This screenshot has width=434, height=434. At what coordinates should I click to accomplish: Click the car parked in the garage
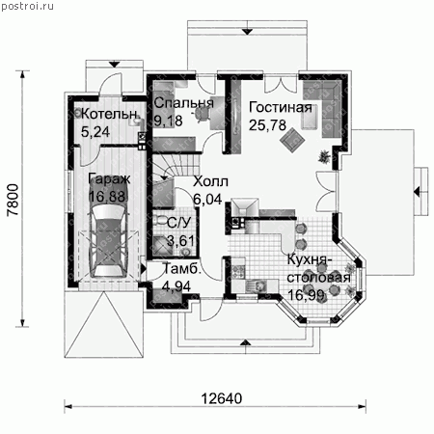click(109, 241)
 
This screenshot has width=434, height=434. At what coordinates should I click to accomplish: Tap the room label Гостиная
click(281, 108)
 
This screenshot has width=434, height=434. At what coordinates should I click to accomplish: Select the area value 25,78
click(267, 125)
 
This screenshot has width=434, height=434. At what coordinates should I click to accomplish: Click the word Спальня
click(183, 103)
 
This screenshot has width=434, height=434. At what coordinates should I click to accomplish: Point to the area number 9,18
click(168, 121)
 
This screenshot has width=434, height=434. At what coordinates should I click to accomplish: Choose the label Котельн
click(110, 114)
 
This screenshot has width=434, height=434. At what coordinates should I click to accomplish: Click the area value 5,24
click(95, 132)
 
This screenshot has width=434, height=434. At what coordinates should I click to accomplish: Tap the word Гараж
click(109, 178)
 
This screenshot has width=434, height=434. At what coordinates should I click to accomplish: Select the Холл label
click(210, 181)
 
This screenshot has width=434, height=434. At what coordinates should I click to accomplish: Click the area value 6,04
click(207, 200)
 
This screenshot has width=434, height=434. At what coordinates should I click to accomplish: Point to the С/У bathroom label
click(179, 223)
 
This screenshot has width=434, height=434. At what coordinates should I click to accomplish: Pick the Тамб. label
click(182, 269)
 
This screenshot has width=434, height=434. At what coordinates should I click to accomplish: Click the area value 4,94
click(176, 286)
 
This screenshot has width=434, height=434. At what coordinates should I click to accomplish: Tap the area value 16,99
click(306, 295)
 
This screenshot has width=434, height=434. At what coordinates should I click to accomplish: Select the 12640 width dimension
click(222, 398)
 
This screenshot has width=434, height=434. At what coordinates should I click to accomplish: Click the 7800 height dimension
click(14, 200)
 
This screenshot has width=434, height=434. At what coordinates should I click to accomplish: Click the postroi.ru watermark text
click(27, 6)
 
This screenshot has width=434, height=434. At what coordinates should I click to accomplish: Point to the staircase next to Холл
click(176, 166)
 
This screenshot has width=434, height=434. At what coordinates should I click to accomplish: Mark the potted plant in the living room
click(324, 156)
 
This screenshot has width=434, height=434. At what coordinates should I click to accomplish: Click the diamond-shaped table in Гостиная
click(292, 140)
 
